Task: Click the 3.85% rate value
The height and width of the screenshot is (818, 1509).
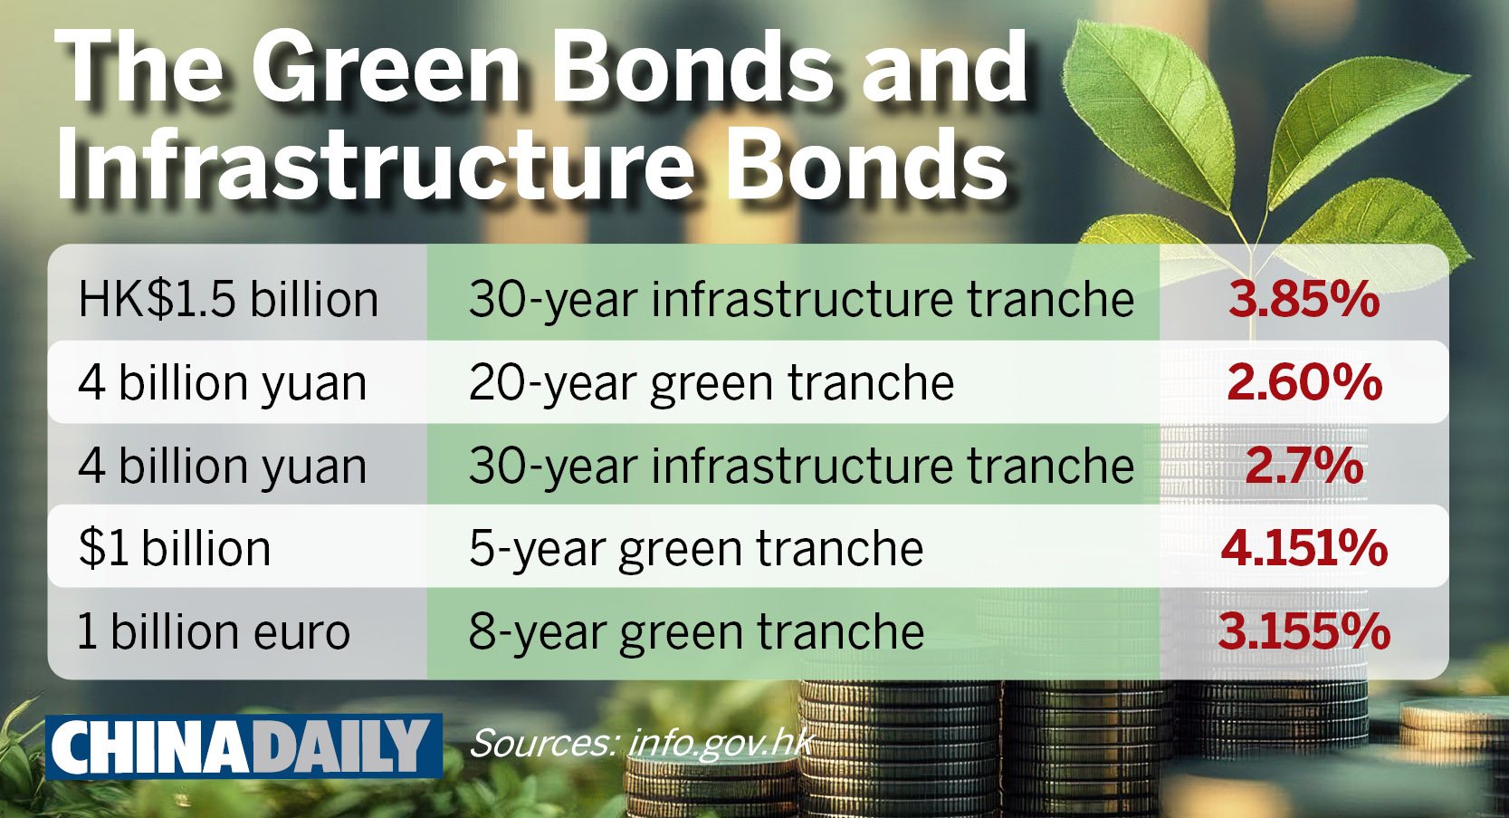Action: [1304, 299]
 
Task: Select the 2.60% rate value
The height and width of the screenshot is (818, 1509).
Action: [1304, 382]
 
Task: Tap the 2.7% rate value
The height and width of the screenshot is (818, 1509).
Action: [1304, 466]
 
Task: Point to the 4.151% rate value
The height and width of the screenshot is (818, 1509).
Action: [1304, 548]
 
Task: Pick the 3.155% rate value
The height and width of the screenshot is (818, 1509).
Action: [1304, 631]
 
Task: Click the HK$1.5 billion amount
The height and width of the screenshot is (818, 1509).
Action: [228, 299]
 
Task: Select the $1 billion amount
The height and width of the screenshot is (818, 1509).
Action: [175, 547]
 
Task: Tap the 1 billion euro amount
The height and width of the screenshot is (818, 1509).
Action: [215, 631]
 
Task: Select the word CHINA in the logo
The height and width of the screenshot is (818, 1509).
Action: [149, 746]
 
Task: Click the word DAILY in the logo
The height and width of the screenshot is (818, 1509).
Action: [340, 746]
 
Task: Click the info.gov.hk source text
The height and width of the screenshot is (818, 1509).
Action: [721, 744]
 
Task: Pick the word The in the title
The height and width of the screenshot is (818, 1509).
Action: [138, 68]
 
